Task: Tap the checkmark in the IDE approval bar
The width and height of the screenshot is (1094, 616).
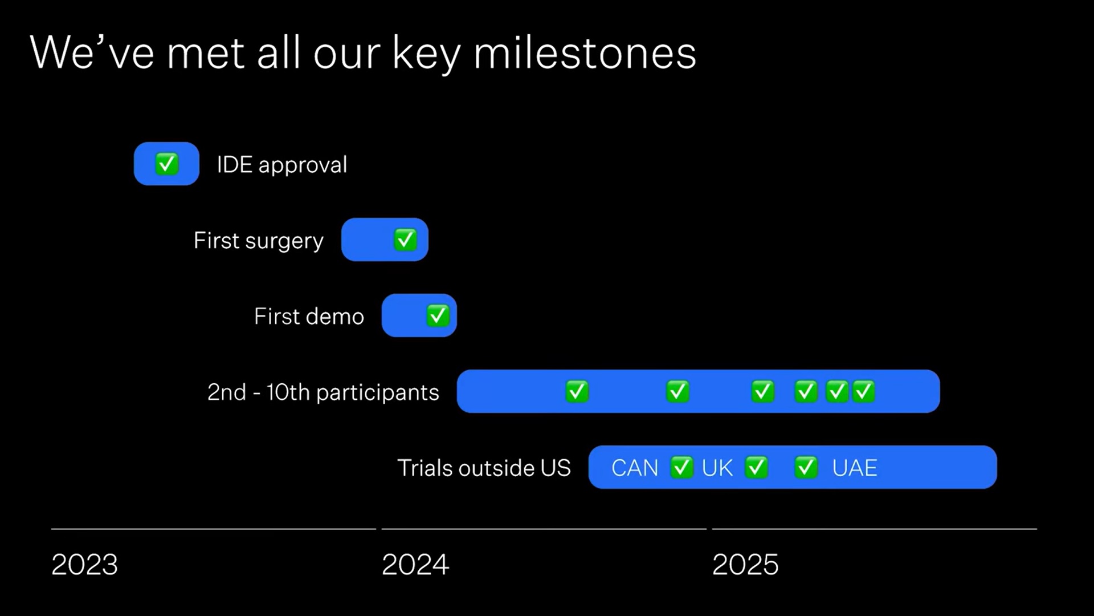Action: pyautogui.click(x=167, y=164)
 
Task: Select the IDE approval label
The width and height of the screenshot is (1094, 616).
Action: pyautogui.click(x=282, y=165)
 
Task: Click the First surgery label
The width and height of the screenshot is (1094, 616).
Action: pyautogui.click(x=259, y=241)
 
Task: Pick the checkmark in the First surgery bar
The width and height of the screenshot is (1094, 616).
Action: pyautogui.click(x=405, y=240)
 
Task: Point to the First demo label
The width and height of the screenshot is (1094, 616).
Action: pyautogui.click(x=309, y=316)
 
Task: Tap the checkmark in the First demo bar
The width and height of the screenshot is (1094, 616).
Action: pyautogui.click(x=438, y=315)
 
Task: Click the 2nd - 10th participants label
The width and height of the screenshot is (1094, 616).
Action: pyautogui.click(x=323, y=392)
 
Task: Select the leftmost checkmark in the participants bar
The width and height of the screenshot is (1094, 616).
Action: pyautogui.click(x=577, y=392)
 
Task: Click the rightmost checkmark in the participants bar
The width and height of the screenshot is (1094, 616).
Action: pyautogui.click(x=864, y=392)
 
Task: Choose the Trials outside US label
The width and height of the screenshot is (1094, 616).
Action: pyautogui.click(x=484, y=468)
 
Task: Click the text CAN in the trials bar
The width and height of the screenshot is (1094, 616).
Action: pyautogui.click(x=635, y=468)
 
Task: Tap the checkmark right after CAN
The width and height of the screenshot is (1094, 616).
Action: pyautogui.click(x=681, y=467)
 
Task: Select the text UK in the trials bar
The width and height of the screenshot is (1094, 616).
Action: pyautogui.click(x=717, y=468)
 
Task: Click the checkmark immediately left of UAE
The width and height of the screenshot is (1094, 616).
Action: pyautogui.click(x=806, y=467)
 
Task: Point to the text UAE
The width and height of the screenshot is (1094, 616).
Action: pyautogui.click(x=855, y=468)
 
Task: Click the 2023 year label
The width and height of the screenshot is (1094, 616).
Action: pyautogui.click(x=84, y=565)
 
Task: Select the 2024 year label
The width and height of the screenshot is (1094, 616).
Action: pyautogui.click(x=415, y=565)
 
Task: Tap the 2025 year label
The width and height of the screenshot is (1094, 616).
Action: pyautogui.click(x=745, y=565)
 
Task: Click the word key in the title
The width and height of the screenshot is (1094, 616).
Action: pyautogui.click(x=426, y=54)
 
